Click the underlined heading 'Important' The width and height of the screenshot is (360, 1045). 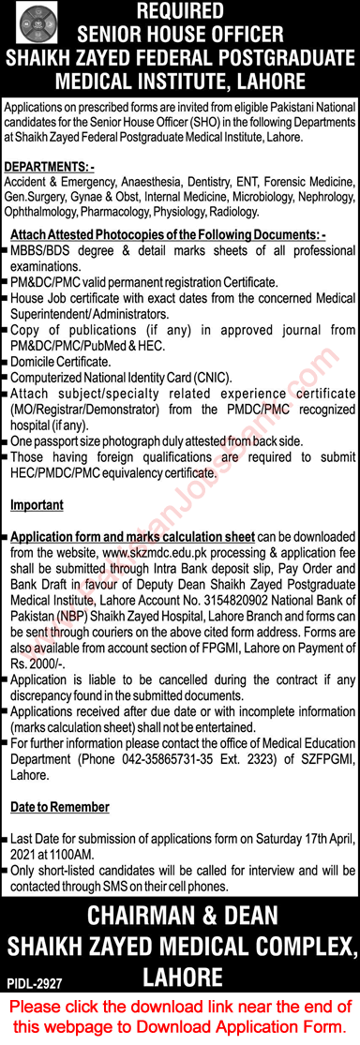click(37, 505)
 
